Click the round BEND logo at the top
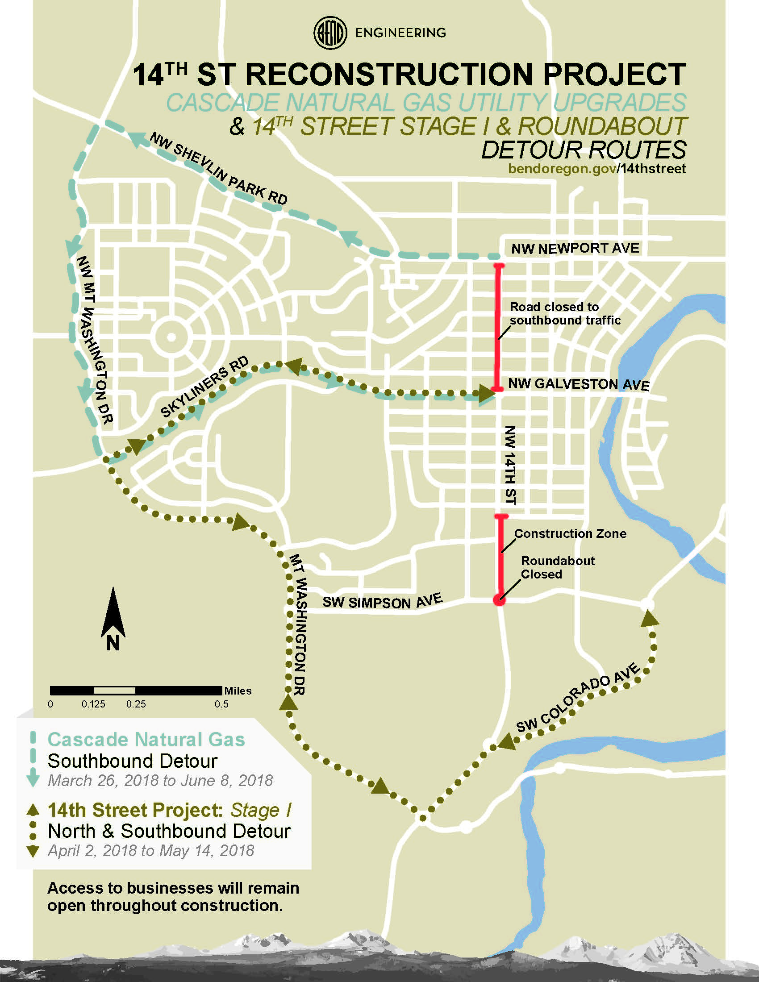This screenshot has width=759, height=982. click(x=329, y=33)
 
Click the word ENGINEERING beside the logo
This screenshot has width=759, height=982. click(x=400, y=33)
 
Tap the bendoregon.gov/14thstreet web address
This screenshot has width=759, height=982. click(x=596, y=169)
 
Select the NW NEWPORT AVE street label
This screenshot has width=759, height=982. click(x=575, y=248)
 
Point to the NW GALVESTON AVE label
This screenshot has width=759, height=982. click(x=578, y=384)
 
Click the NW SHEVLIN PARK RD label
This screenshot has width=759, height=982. click(x=218, y=169)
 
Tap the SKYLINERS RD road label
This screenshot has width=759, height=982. click(x=204, y=387)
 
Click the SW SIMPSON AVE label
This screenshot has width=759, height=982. click(x=382, y=601)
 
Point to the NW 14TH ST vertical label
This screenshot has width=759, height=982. click(x=510, y=466)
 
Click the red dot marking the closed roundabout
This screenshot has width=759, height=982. click(x=499, y=600)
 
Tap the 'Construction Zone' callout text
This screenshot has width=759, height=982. click(x=570, y=534)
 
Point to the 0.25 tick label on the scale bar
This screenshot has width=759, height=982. click(x=136, y=704)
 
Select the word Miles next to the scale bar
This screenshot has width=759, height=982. click(x=238, y=691)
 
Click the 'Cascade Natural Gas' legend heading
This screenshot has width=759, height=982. click(x=146, y=740)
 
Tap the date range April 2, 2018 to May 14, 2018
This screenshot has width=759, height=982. click(x=151, y=851)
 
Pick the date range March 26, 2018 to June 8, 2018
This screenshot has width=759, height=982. click(x=160, y=781)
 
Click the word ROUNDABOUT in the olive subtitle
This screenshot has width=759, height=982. click(x=602, y=126)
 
